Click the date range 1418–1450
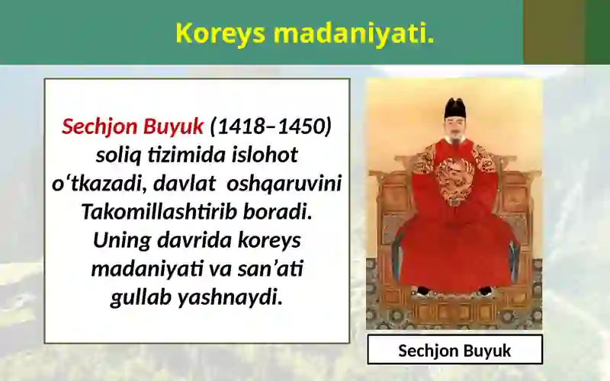[x=270, y=126]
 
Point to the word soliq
[x=117, y=155]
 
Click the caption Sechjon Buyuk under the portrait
[x=454, y=351]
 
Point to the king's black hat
[x=455, y=108]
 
